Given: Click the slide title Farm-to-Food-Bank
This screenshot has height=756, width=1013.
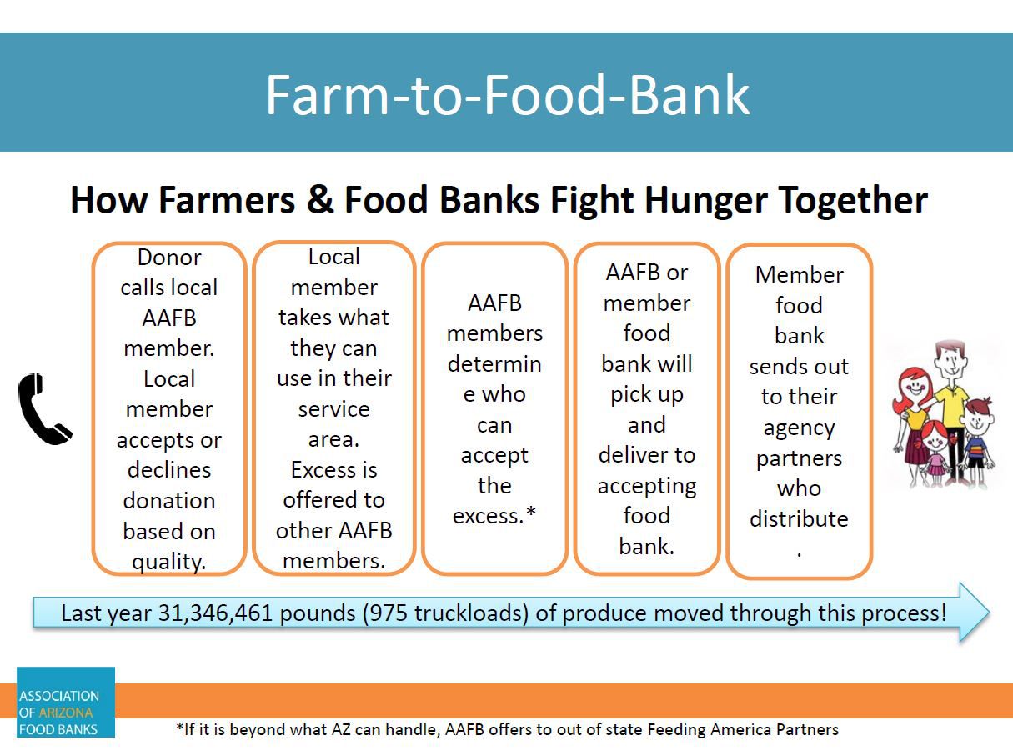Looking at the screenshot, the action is coord(507,95).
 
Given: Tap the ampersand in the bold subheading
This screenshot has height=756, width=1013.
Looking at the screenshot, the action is coord(319,199).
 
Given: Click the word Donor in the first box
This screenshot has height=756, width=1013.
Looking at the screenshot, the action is coord(169,258).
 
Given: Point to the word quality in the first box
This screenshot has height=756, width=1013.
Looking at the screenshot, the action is coord(168,562).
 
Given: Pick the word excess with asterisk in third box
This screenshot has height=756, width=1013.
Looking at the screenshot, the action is coord(494,515).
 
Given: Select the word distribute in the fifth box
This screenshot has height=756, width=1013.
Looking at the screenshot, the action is coord(799,519).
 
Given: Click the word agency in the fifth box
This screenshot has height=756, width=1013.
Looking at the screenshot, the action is coord(799,429).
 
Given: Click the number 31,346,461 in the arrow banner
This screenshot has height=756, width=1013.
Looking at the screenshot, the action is coord(215,613).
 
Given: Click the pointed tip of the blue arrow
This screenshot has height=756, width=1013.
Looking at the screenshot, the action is coord(990,612).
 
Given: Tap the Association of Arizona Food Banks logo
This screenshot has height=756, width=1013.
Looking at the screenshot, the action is coord(66,702).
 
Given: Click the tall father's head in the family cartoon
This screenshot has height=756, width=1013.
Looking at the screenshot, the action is coord(950,359).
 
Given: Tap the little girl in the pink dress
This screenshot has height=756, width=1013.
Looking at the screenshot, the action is coord(935,454).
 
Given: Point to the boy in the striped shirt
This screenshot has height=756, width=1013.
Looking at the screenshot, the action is coord(977,443).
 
